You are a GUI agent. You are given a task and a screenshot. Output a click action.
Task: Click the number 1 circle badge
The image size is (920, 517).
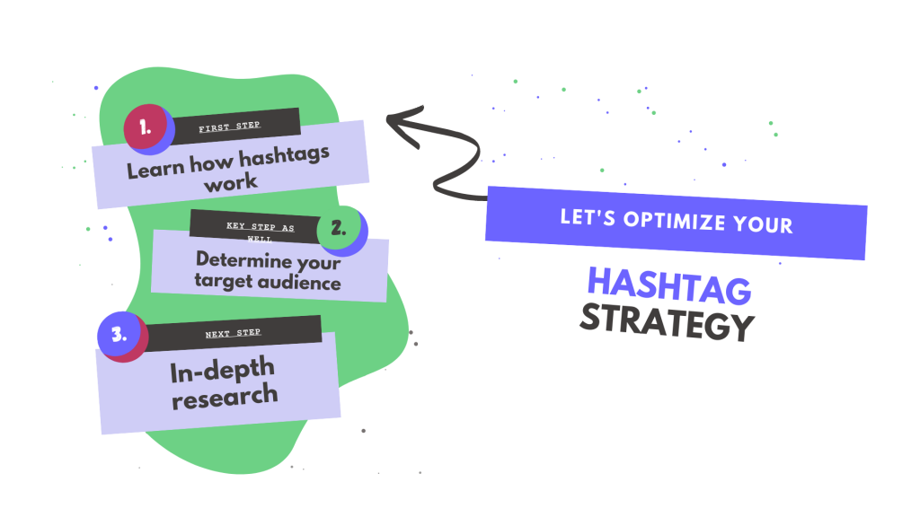pyautogui.click(x=147, y=129)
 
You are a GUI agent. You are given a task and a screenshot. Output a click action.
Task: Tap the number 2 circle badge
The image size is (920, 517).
pyautogui.click(x=341, y=229)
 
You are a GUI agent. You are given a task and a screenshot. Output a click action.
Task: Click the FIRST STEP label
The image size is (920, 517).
pyautogui.click(x=229, y=127)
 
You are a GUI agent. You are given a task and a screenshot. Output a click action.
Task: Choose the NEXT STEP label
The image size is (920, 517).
pyautogui.click(x=233, y=333)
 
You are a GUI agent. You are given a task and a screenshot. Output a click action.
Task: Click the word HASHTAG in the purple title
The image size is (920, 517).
pyautogui.click(x=669, y=286)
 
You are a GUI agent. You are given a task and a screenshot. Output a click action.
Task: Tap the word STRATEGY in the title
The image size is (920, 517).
pyautogui.click(x=667, y=323)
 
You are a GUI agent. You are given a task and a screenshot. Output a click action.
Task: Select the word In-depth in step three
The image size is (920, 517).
pyautogui.click(x=221, y=369)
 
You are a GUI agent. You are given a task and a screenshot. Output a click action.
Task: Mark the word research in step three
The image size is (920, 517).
pyautogui.click(x=225, y=395)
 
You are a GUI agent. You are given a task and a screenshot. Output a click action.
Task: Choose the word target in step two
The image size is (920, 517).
pyautogui.click(x=226, y=283)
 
